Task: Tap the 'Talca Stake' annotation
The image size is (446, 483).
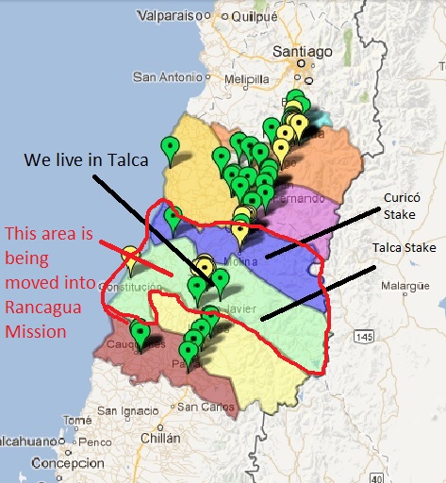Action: [x=408, y=246]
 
